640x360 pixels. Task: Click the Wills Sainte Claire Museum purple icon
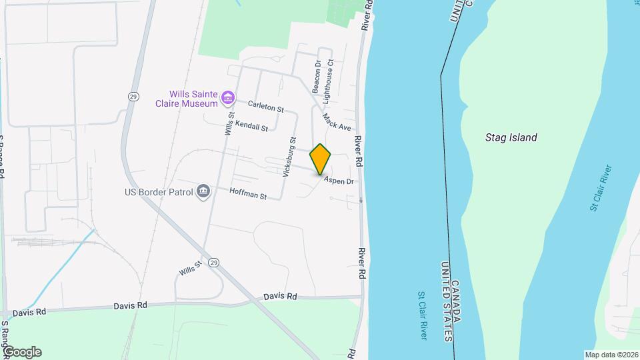coord(228,99)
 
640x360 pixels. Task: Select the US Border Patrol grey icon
coord(203,193)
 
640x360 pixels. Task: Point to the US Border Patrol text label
coord(159,193)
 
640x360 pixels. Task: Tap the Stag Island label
coord(511,138)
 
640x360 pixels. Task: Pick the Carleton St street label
coord(266,106)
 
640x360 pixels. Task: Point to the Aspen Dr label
coord(339,181)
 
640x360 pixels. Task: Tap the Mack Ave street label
coord(336,121)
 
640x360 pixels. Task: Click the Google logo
coord(21,351)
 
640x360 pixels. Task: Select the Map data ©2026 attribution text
coord(611,355)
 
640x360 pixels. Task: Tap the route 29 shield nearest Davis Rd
coord(213,263)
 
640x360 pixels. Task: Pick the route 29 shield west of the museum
coord(134,97)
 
